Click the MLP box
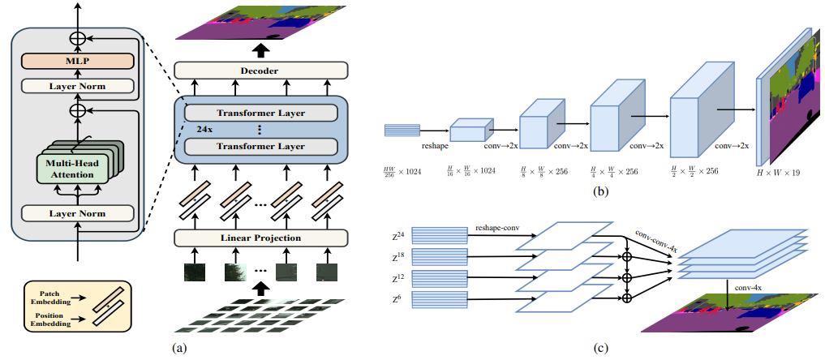pyautogui.click(x=77, y=61)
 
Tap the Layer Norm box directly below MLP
pyautogui.click(x=77, y=85)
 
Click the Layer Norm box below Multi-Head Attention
pyautogui.click(x=77, y=213)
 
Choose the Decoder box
pyautogui.click(x=260, y=71)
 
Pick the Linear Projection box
pyautogui.click(x=260, y=238)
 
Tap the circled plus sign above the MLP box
pyautogui.click(x=77, y=36)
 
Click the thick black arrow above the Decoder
pyautogui.click(x=260, y=49)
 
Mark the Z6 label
pyautogui.click(x=398, y=299)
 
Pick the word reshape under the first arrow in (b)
pyautogui.click(x=435, y=148)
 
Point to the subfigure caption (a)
pyautogui.click(x=180, y=349)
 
